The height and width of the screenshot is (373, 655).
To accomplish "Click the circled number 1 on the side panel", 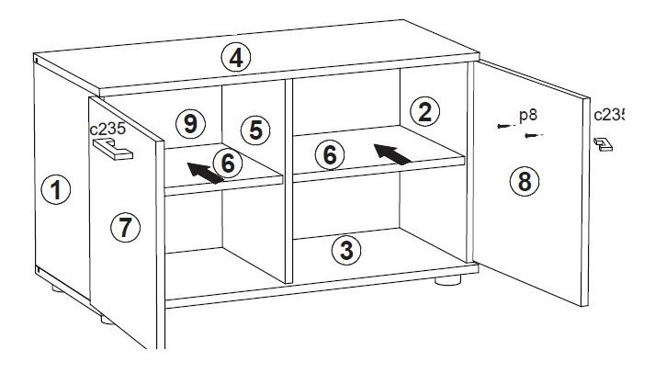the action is (55, 189).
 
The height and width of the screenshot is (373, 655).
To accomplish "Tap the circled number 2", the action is (424, 112).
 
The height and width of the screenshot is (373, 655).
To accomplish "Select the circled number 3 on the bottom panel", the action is (346, 251).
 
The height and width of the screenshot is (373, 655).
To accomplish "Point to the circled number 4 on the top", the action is (236, 57).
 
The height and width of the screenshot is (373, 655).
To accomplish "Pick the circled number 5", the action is (255, 130).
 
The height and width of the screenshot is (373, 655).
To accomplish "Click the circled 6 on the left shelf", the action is (227, 163).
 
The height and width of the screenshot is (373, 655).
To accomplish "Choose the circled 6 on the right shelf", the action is (330, 154).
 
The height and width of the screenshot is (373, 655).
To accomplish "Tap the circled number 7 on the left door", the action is (125, 227).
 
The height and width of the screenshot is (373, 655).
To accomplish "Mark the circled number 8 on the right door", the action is (525, 181).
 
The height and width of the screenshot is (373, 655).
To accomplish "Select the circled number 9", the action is (190, 124).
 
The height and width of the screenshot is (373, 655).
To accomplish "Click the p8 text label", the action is (528, 115).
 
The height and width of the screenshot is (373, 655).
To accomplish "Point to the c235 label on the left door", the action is (107, 129).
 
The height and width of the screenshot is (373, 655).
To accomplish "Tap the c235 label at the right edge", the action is (609, 115).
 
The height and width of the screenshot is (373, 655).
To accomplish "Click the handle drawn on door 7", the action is (113, 150).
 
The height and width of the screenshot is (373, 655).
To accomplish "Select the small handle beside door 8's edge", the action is (604, 144).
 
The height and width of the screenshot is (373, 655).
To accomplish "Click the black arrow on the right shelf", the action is (391, 153).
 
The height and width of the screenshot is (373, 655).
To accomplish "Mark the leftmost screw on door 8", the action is (506, 126).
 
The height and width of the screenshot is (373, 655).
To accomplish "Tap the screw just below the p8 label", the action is (534, 135).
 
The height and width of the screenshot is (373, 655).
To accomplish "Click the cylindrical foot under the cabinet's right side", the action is (447, 280).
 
